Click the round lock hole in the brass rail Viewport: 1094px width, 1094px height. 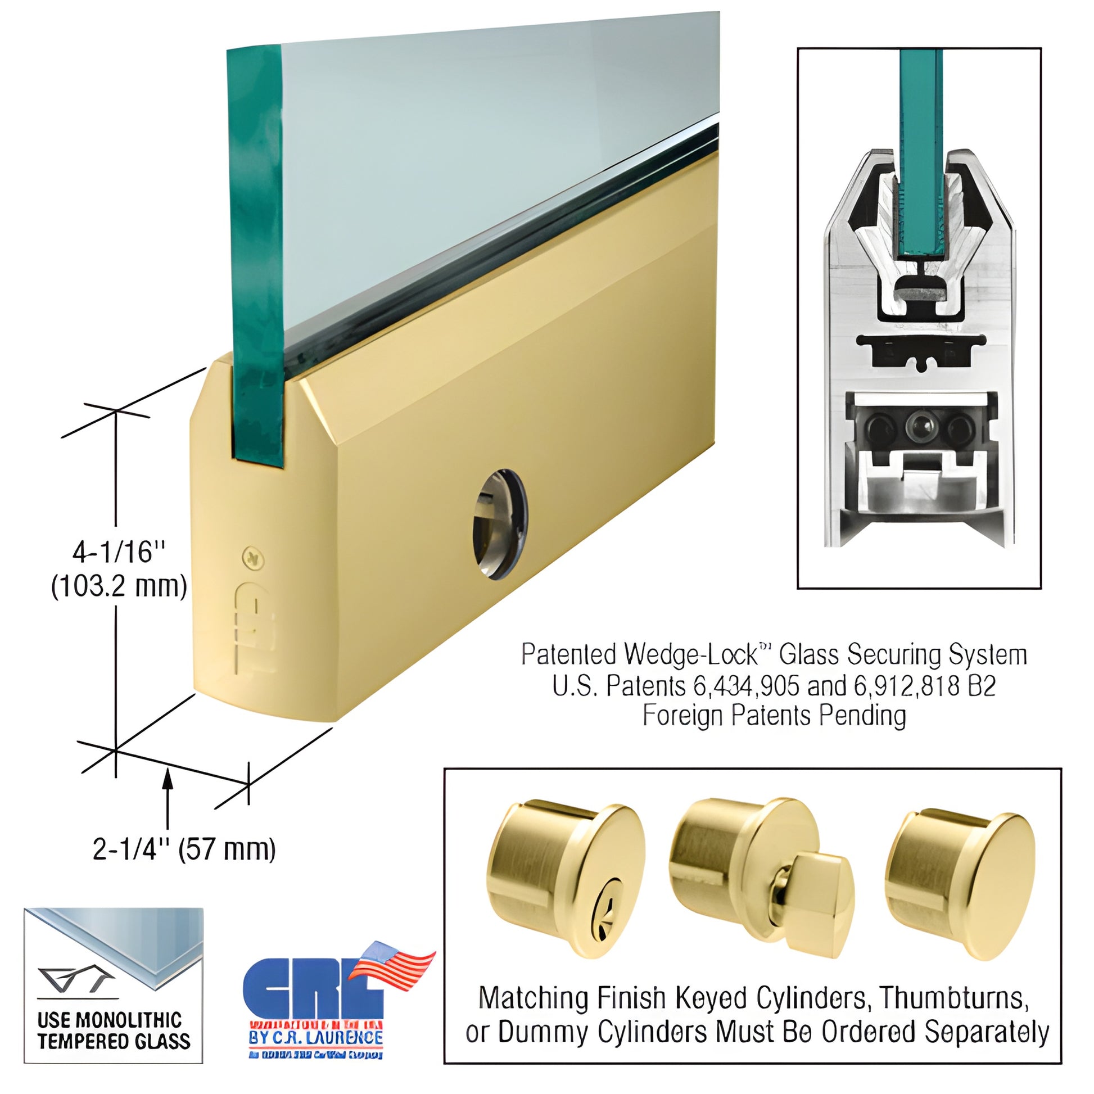click(x=500, y=524)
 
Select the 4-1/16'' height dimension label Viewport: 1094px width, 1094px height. click(x=121, y=552)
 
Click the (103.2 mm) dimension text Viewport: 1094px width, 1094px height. click(x=119, y=587)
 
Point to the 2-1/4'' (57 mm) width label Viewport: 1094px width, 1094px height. click(x=184, y=849)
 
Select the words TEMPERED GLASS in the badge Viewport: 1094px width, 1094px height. click(x=114, y=1040)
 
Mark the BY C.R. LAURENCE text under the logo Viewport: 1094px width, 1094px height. click(x=315, y=1037)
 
